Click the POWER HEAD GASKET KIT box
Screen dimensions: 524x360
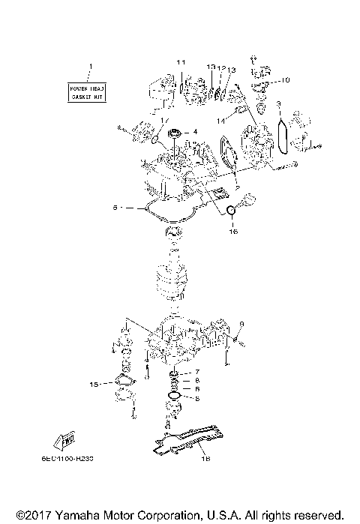pos(87,93)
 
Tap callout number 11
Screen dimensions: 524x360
pos(180,61)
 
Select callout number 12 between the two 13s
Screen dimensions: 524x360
pos(222,67)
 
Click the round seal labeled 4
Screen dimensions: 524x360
pos(178,136)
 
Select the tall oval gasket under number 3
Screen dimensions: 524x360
pos(283,136)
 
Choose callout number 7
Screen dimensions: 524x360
pos(196,372)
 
